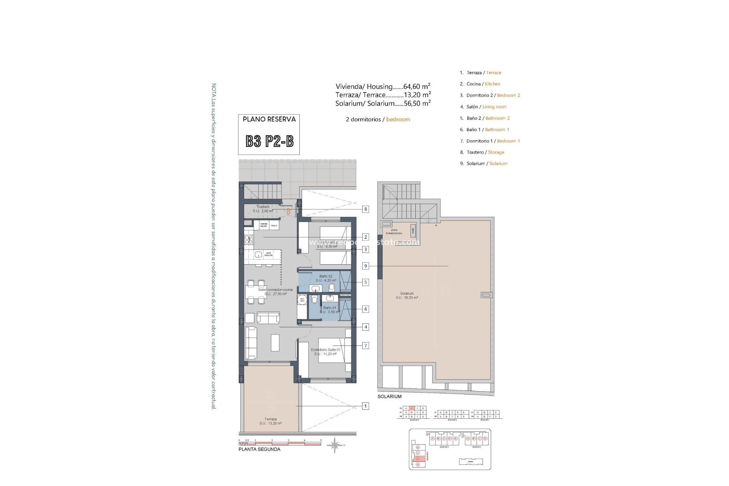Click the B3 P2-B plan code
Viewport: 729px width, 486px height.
[x=269, y=141]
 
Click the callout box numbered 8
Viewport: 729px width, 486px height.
[x=365, y=209]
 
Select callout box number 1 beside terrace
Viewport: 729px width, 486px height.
[x=365, y=406]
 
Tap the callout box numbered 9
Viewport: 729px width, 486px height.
[x=365, y=266]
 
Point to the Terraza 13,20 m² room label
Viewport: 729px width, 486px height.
[x=270, y=421]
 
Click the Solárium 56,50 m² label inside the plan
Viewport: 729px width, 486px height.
[x=406, y=295]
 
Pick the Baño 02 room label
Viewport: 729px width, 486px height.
[x=326, y=278]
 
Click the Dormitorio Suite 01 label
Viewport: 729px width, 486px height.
[x=325, y=352]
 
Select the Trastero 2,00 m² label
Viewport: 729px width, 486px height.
[x=263, y=209]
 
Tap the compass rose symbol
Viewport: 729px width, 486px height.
[x=335, y=445]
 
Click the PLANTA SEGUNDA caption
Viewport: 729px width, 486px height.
[x=259, y=449]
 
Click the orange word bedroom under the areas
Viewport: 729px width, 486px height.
[x=398, y=119]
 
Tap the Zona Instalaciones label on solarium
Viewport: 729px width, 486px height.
[x=394, y=232]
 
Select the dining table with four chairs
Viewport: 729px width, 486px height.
[x=256, y=292]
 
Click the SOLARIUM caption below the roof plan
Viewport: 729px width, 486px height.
[x=389, y=396]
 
